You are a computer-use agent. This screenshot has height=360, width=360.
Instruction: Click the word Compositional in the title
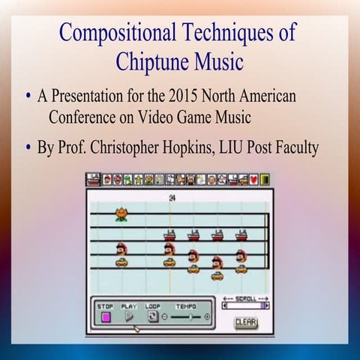tap(114, 33)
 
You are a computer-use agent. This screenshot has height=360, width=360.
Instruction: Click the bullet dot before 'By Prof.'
tap(28, 146)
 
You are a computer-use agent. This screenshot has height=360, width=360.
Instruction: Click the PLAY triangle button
tap(128, 316)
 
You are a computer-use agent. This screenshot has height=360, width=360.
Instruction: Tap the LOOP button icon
tap(153, 316)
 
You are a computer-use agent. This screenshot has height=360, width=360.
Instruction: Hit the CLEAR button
tap(245, 322)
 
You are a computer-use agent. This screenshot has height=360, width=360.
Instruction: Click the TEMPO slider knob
tap(190, 317)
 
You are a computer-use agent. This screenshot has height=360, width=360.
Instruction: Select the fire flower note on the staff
tap(121, 214)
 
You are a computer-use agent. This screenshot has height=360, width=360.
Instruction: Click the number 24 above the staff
tap(172, 197)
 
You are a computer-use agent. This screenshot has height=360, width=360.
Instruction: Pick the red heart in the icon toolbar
tap(253, 180)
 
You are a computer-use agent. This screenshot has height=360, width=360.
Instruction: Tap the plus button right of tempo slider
tap(208, 317)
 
